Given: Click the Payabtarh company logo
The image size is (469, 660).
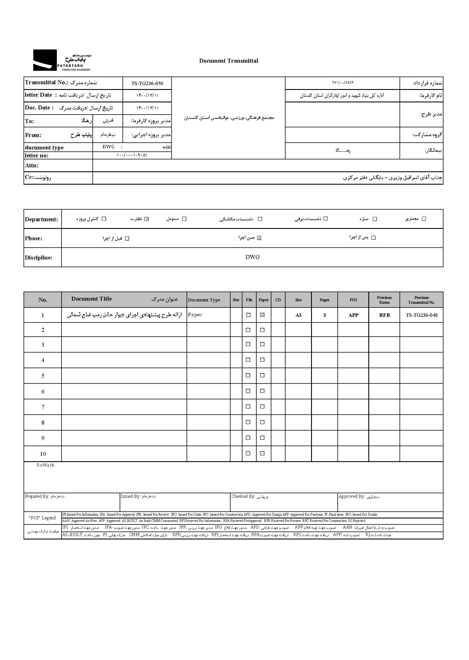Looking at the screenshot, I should [x=62, y=60].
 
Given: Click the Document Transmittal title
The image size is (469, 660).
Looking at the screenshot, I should [x=229, y=61].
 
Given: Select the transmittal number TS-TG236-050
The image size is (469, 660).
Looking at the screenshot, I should [x=147, y=83].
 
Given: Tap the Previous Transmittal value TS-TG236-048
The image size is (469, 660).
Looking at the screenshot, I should [x=421, y=315].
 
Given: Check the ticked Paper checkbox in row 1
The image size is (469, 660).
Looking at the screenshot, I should [x=262, y=315].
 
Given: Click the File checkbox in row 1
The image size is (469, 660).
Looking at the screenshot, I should [x=248, y=315].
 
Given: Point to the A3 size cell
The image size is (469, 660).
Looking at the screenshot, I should [x=298, y=315].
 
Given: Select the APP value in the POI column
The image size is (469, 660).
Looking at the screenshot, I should [x=353, y=315].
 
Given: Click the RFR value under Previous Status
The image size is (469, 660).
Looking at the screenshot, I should [x=385, y=315].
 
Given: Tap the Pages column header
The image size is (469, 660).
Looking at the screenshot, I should [x=324, y=300].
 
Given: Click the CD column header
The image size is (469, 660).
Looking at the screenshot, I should [x=278, y=300].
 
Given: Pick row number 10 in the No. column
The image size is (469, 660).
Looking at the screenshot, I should [x=43, y=454].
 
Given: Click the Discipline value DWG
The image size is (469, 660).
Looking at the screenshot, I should [x=252, y=257].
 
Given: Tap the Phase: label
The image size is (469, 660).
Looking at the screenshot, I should [x=33, y=238].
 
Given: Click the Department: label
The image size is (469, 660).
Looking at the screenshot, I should [x=41, y=219].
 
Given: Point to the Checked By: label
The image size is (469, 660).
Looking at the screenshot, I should [x=243, y=496].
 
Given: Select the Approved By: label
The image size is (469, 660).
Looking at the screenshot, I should [x=352, y=496].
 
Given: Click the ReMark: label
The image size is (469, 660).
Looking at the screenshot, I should [x=46, y=465].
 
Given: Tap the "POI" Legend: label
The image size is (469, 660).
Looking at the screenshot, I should [x=43, y=518].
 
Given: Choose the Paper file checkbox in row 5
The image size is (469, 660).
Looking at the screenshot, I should [x=262, y=376].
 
